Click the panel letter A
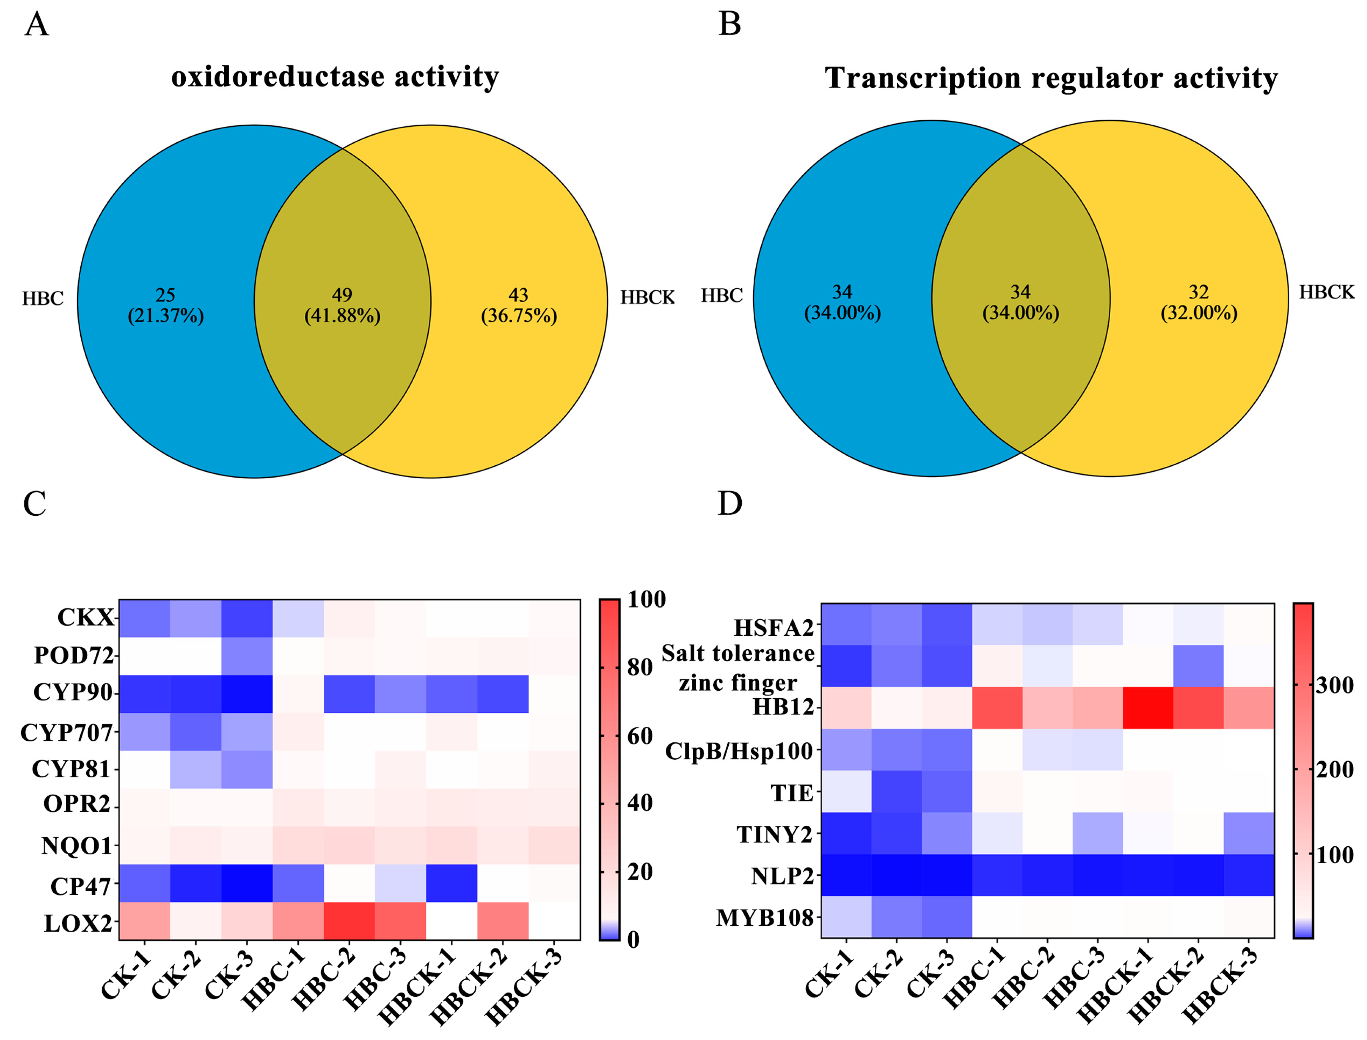(x=36, y=25)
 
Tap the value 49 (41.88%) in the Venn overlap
(x=342, y=305)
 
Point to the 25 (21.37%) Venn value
(x=165, y=305)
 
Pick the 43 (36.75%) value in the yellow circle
(x=519, y=305)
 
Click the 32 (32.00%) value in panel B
(x=1199, y=302)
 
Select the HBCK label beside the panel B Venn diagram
(x=1326, y=292)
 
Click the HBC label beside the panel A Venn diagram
(x=43, y=298)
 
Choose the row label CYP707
(x=66, y=733)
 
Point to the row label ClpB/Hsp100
(x=738, y=751)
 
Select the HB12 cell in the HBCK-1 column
(x=1148, y=708)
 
